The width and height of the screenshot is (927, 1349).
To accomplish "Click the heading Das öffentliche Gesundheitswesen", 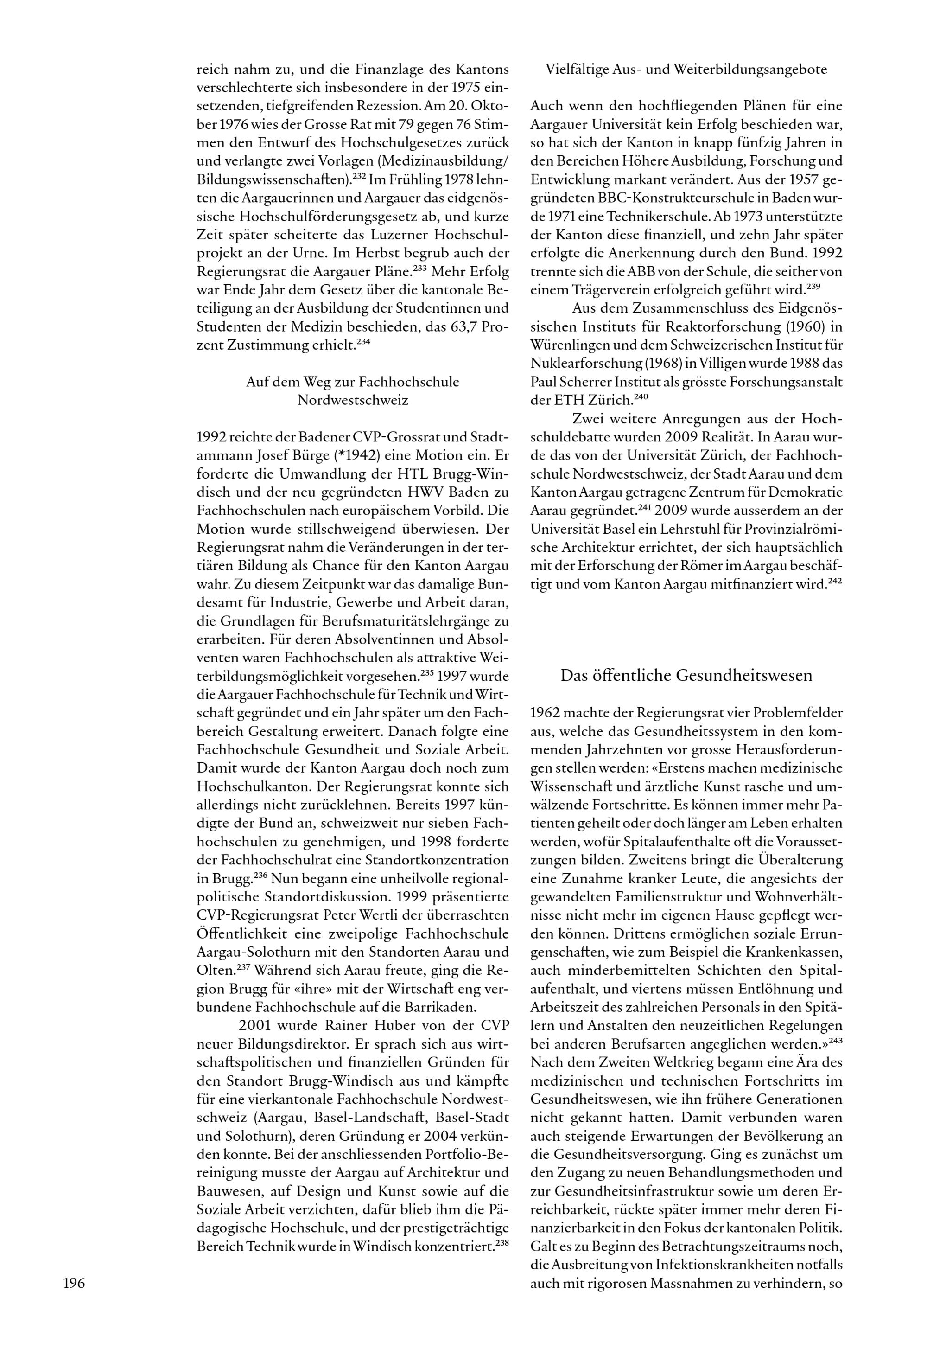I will click(x=686, y=676).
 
